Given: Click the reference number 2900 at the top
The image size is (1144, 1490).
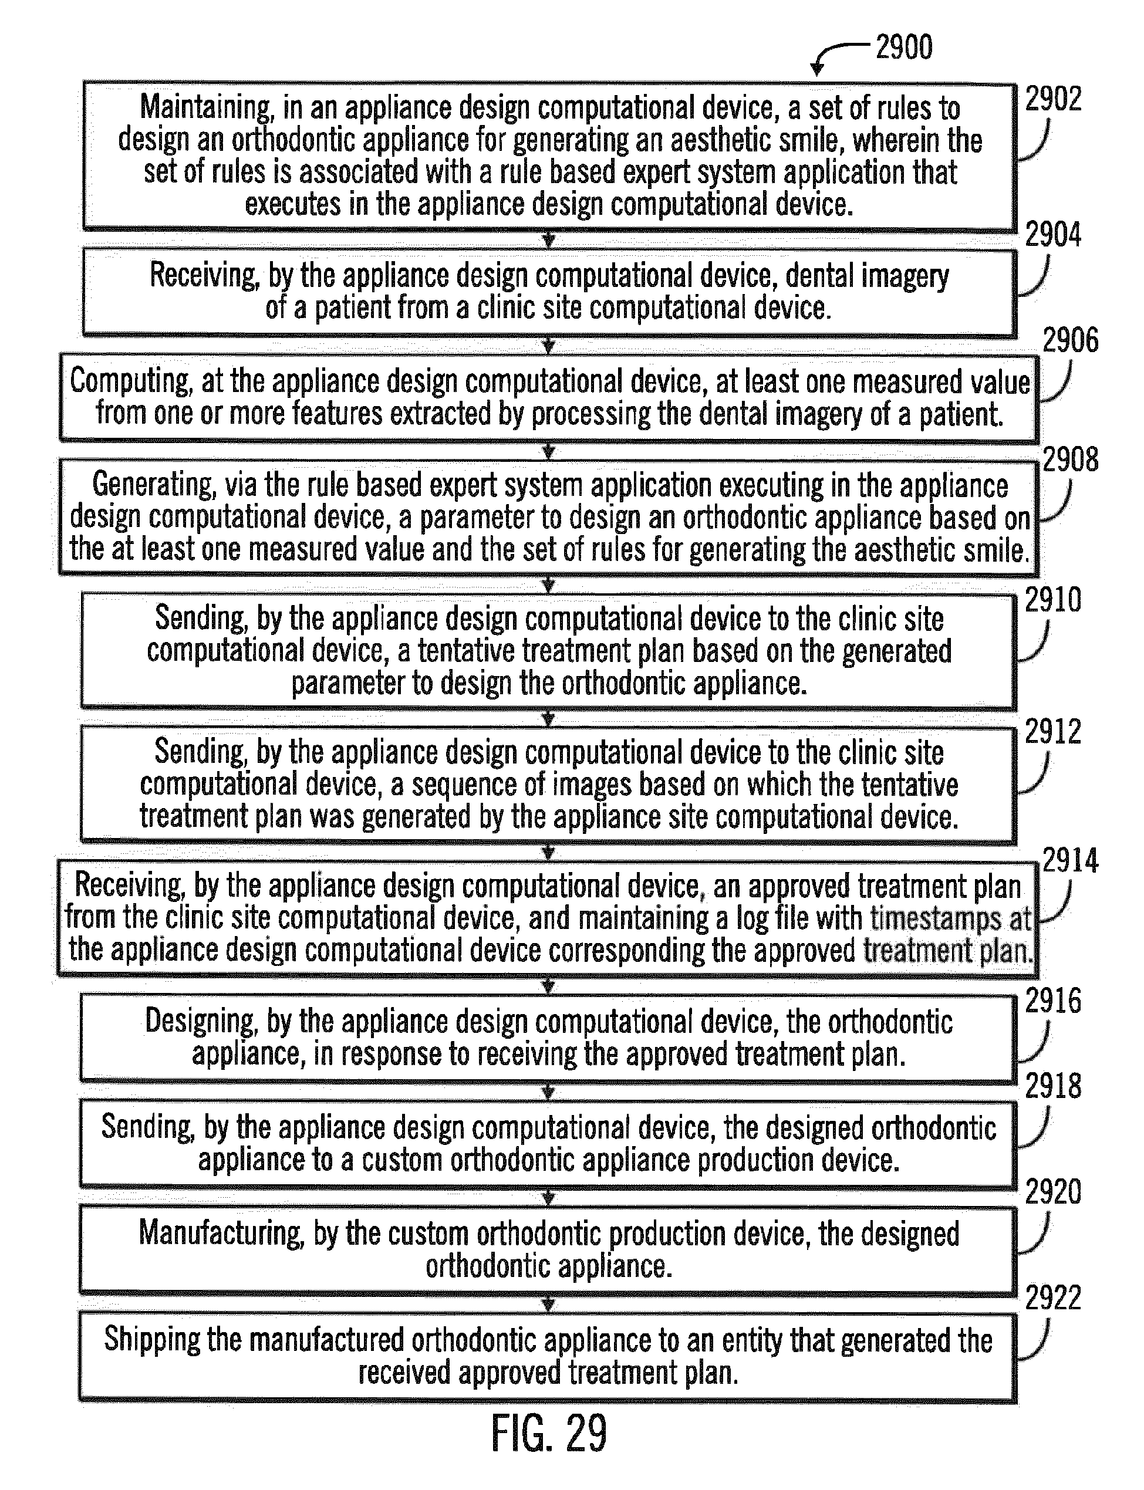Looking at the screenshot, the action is (903, 48).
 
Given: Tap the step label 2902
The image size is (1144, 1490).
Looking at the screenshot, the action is (1053, 99).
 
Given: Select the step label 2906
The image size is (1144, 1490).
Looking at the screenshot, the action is (1071, 340).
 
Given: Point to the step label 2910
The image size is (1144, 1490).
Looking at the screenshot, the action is (1053, 600).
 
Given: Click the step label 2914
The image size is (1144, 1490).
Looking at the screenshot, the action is (1071, 861).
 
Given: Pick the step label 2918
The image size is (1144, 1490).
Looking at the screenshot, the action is (1053, 1086).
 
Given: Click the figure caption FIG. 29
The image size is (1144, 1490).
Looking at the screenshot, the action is (549, 1434).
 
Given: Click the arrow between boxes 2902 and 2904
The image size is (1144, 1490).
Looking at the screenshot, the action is (548, 240).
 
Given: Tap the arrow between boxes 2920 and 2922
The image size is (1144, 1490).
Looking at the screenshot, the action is (548, 1303).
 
